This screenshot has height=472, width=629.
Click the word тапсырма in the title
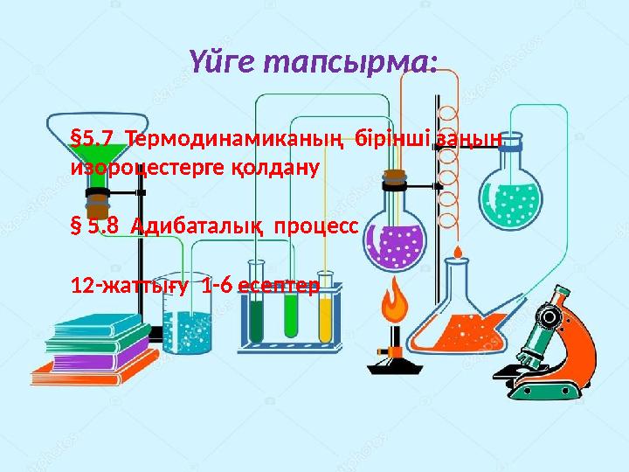pos(349,63)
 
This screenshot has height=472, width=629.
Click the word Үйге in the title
pos(222,62)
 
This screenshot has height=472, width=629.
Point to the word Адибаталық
pos(197,226)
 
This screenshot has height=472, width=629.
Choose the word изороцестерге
pos(147,169)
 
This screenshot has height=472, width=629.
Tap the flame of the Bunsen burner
pos(394,300)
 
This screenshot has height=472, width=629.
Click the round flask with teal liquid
pos(510,192)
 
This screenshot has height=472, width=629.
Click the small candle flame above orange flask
pos(458,252)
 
